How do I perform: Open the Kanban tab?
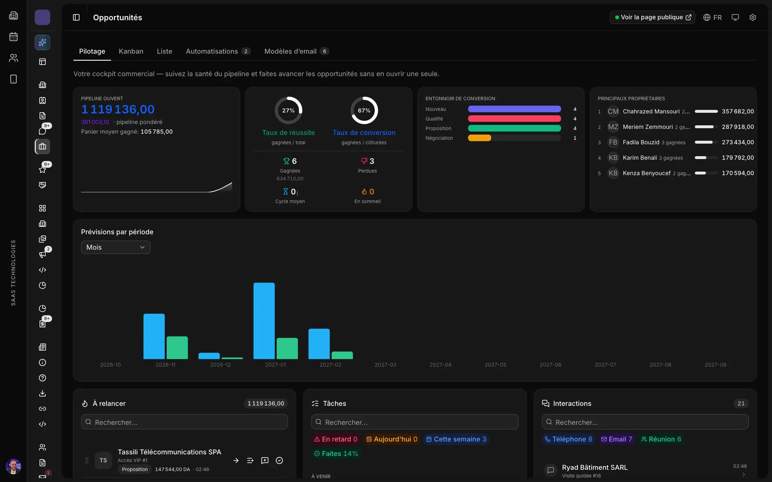point(131,51)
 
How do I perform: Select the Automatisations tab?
point(218,51)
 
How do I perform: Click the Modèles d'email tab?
point(296,51)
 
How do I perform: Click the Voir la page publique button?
point(652,17)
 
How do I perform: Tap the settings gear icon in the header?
point(752,17)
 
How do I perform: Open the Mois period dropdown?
point(115,247)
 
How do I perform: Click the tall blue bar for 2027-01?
point(264,321)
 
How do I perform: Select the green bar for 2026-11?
point(177,348)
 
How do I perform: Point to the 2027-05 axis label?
point(495,365)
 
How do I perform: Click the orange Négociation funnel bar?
point(479,138)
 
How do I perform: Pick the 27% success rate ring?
point(289,110)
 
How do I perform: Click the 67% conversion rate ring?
point(364,110)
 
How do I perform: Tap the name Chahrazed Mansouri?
point(651,112)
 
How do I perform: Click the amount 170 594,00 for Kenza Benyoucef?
point(738,173)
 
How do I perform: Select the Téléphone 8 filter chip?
point(568,439)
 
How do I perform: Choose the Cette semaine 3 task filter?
point(456,439)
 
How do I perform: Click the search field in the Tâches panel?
point(415,422)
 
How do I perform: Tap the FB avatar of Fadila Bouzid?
point(613,142)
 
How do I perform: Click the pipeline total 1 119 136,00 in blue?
point(118,110)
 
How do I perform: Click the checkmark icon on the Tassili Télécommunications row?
point(280,460)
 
